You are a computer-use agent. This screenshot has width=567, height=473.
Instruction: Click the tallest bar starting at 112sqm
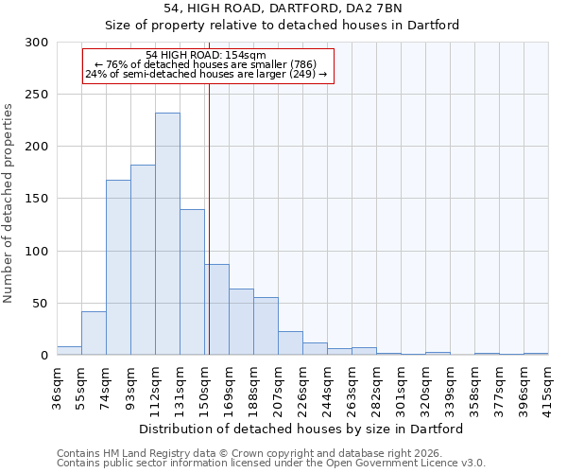pyautogui.click(x=167, y=235)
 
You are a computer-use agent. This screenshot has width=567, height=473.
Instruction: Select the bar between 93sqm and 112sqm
pyautogui.click(x=143, y=260)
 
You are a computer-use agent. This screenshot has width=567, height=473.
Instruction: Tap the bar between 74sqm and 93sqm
pyautogui.click(x=118, y=268)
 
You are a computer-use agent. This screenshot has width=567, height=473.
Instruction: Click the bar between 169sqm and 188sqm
pyautogui.click(x=241, y=322)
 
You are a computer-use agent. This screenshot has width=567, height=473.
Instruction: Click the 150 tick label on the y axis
pyautogui.click(x=37, y=200)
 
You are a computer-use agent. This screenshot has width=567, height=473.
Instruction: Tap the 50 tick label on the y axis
pyautogui.click(x=41, y=304)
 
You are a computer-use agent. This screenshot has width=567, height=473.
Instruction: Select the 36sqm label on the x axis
pyautogui.click(x=58, y=387)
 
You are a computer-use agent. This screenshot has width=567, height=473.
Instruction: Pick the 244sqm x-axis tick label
pyautogui.click(x=328, y=387)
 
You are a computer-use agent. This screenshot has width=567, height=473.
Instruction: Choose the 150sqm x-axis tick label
pyautogui.click(x=205, y=387)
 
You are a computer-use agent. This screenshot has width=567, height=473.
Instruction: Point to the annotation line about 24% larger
pyautogui.click(x=206, y=74)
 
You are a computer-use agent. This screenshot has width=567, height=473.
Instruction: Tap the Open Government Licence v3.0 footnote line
pyautogui.click(x=271, y=464)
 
